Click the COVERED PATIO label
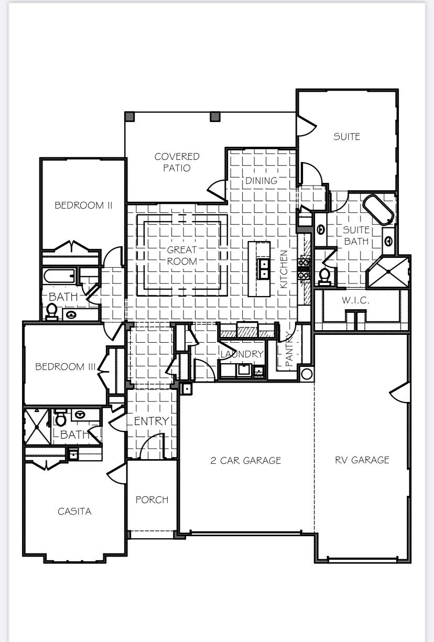177,162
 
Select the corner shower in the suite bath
388,272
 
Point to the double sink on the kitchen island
264,269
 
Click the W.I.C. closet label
356,301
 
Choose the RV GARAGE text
362,460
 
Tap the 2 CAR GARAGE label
246,461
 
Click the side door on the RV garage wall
400,393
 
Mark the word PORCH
152,500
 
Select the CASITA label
74,512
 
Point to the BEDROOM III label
66,367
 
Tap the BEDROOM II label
83,205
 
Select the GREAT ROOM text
182,256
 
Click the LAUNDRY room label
241,354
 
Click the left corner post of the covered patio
129,116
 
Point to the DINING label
262,181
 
